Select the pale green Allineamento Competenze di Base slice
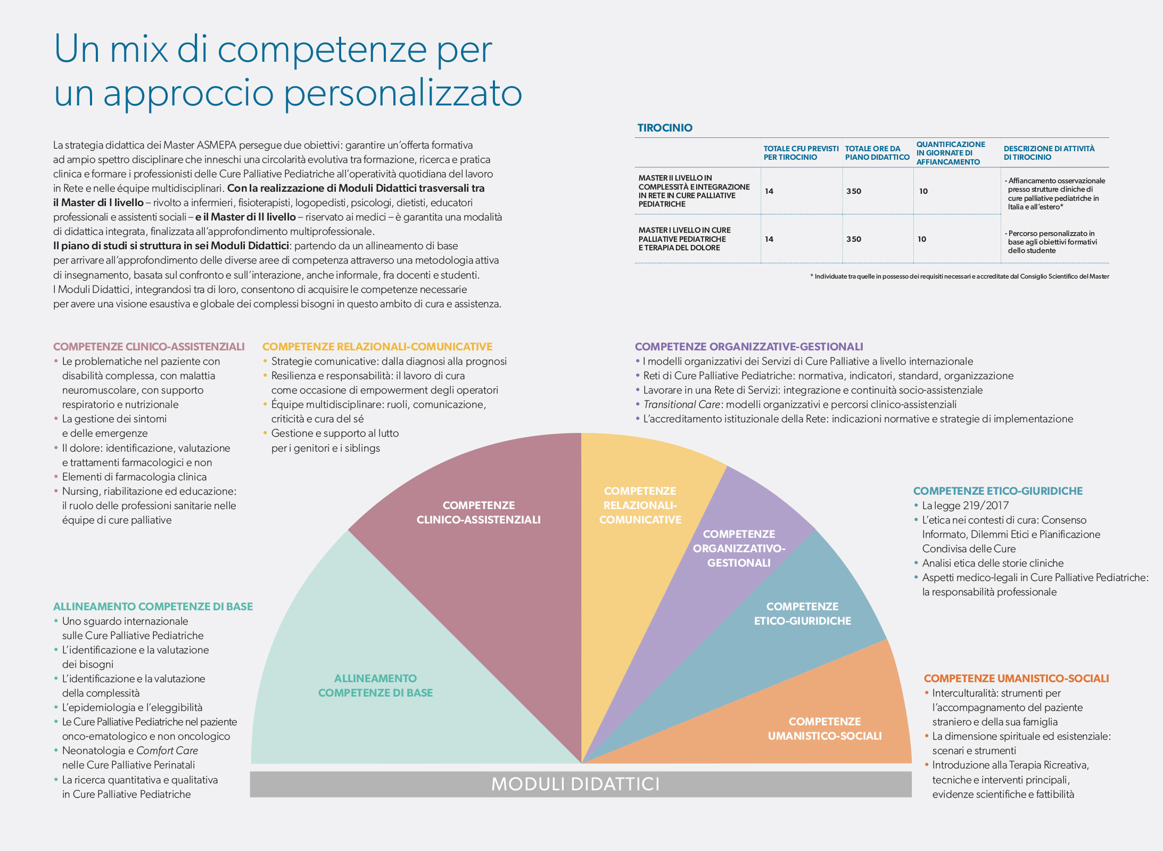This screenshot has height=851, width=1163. (x=375, y=685)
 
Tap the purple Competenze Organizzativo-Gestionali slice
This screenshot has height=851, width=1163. (x=739, y=549)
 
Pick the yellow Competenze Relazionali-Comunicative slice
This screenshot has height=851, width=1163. (x=640, y=505)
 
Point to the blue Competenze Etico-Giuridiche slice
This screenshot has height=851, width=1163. (x=802, y=613)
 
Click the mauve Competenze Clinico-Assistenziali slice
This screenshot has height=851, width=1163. (x=478, y=512)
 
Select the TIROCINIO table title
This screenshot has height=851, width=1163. (x=665, y=128)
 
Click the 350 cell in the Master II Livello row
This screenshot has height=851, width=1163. (x=854, y=191)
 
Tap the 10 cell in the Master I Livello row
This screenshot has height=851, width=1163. (x=922, y=239)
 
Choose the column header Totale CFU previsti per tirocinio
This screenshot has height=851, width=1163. (x=801, y=153)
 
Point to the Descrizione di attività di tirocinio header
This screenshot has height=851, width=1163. (x=1049, y=153)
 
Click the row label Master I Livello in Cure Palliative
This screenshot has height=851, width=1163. (x=684, y=239)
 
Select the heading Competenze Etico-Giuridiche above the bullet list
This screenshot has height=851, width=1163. (x=997, y=491)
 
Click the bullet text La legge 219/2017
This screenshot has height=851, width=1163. (x=965, y=505)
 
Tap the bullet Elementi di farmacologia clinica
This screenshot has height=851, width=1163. (x=134, y=477)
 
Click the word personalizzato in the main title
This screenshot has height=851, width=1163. (x=402, y=93)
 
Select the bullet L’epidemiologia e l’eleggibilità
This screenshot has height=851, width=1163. (x=132, y=707)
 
